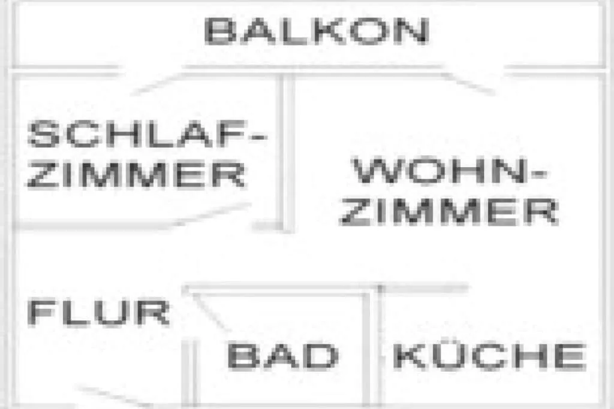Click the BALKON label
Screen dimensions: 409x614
(316, 31)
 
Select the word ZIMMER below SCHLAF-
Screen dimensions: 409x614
(137, 174)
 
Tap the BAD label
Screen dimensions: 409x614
(282, 356)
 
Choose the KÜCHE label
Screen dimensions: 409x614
(489, 356)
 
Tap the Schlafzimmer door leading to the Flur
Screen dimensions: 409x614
(210, 216)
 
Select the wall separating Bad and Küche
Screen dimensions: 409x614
(374, 347)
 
